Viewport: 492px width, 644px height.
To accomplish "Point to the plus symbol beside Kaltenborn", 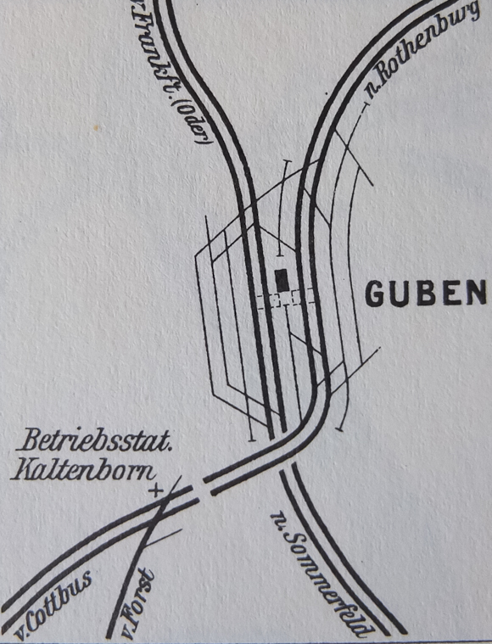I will click(155, 490).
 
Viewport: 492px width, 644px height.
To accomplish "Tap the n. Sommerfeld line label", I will click(321, 572).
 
